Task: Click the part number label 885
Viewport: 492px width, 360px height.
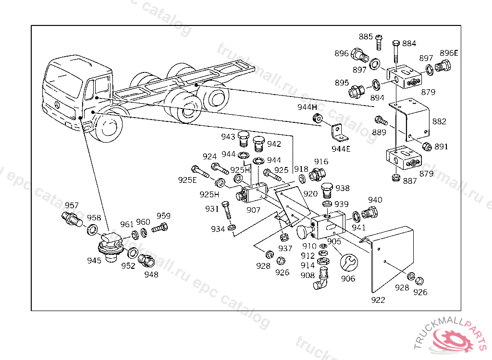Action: [366, 37]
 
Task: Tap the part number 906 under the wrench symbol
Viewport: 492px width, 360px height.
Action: [348, 278]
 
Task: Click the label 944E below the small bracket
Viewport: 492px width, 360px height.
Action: [341, 149]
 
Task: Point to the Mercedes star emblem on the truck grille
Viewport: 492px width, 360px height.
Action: [57, 105]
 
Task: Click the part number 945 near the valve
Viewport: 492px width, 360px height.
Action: [94, 261]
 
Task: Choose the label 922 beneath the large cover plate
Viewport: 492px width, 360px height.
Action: [378, 300]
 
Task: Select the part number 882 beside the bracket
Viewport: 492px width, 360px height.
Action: [439, 121]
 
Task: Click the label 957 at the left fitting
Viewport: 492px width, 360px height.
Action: [72, 205]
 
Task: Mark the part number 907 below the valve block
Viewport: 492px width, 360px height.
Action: [253, 210]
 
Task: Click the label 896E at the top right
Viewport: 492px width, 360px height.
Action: [449, 53]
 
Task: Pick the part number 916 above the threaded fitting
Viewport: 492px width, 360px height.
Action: [321, 162]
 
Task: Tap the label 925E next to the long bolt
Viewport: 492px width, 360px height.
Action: [187, 180]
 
